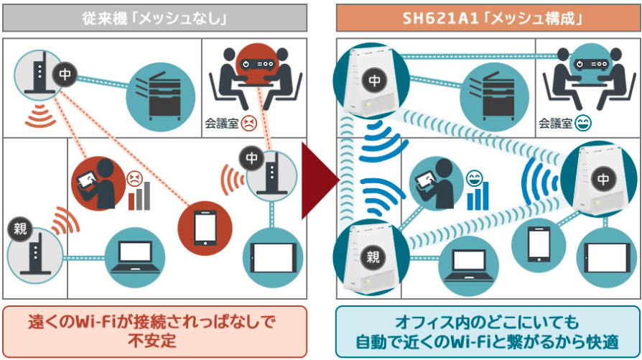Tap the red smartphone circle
tap(202, 228)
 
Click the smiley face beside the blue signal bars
tap(474, 177)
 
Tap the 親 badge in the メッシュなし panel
tap(19, 229)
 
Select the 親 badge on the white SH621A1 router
tap(373, 255)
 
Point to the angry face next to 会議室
tap(248, 123)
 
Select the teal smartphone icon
tap(539, 244)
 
